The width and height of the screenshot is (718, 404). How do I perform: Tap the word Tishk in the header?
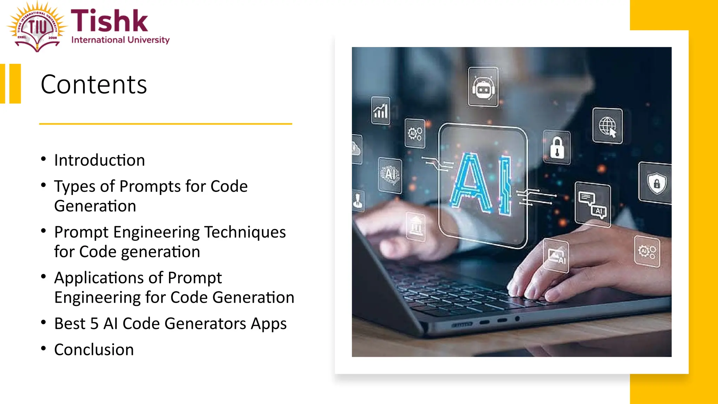(109, 21)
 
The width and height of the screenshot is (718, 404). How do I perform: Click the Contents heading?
(94, 85)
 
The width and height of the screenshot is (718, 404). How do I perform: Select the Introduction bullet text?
(100, 160)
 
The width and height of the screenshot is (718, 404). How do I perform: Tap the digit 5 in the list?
(94, 323)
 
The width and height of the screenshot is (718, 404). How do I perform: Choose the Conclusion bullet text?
(94, 350)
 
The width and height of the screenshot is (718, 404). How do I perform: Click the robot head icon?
(483, 88)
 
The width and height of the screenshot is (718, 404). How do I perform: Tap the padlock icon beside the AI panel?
(557, 148)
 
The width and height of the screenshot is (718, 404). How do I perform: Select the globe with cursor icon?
(607, 126)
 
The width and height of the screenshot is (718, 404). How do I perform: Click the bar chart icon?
(380, 111)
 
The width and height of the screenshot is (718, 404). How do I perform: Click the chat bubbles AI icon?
(593, 204)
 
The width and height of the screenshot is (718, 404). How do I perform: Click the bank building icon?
(416, 226)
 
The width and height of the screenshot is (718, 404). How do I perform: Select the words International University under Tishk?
(120, 40)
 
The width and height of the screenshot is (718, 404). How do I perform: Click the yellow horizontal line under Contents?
(165, 124)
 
